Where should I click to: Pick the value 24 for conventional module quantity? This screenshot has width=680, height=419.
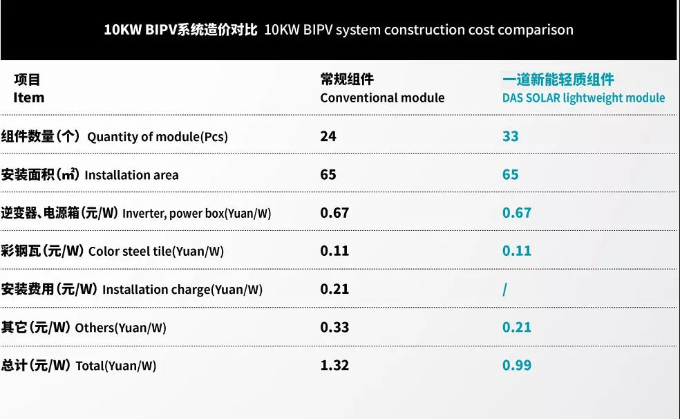(x=328, y=136)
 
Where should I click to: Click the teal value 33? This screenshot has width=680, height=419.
(x=510, y=136)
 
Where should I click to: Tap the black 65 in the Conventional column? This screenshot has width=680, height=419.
(x=328, y=174)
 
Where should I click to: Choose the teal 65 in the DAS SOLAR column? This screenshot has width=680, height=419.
(x=510, y=174)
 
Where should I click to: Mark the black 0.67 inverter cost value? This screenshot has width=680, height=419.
(x=334, y=213)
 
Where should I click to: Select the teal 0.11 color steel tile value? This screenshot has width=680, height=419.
(x=517, y=251)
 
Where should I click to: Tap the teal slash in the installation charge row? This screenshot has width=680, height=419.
(x=504, y=290)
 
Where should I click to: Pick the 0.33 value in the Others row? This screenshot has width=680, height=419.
(x=334, y=327)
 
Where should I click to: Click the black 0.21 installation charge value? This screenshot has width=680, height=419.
(x=334, y=289)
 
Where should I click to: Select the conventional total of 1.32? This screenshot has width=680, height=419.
(x=334, y=365)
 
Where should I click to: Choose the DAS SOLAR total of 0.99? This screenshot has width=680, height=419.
(x=517, y=365)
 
